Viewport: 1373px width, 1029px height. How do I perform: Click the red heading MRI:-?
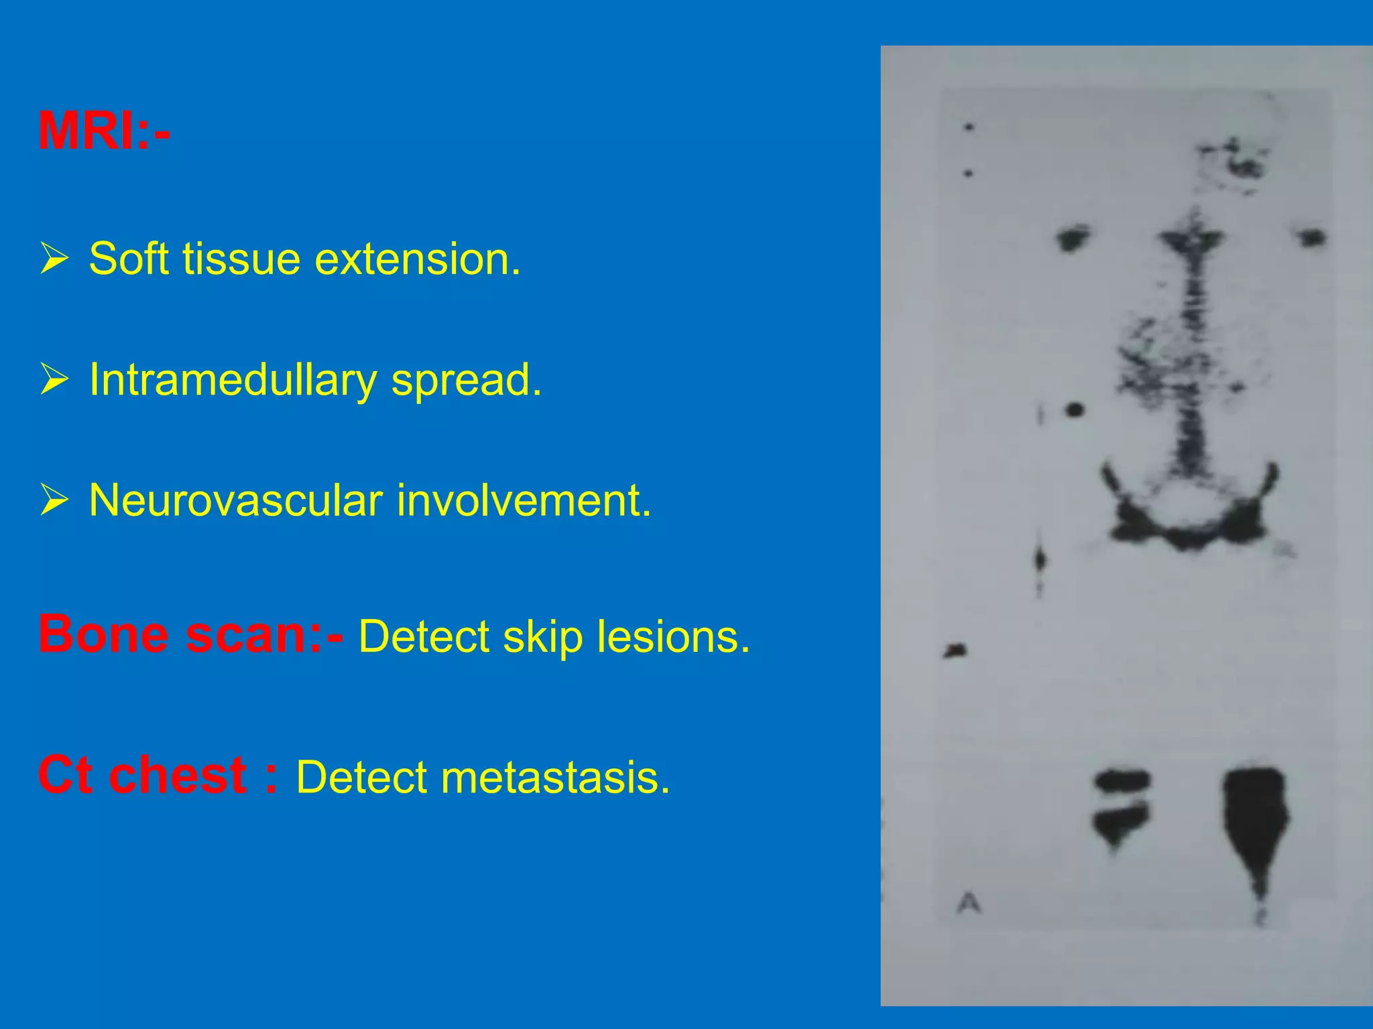105,131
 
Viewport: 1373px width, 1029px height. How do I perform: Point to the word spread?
466,381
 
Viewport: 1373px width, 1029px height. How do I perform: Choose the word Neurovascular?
235,500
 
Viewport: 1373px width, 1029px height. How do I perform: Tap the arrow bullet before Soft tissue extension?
54,259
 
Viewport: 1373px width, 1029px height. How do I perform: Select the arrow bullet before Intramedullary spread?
54,379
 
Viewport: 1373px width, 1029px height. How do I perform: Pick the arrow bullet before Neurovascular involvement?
54,500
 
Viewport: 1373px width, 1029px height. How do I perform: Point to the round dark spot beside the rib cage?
1074,409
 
